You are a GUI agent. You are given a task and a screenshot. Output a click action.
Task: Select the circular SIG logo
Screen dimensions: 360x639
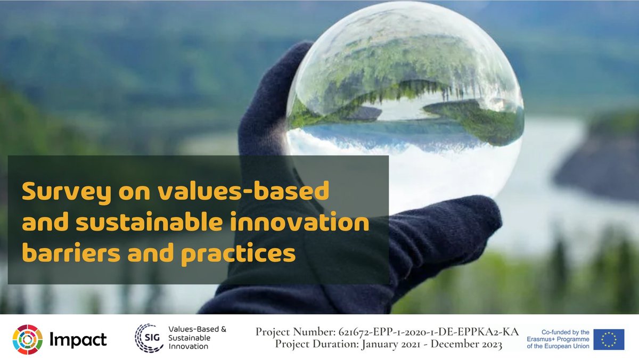pos(149,338)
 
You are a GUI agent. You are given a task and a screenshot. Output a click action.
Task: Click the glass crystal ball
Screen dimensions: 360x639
pos(405,107)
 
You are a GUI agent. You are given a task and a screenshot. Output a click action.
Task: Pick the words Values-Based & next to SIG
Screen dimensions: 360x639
pos(197,330)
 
